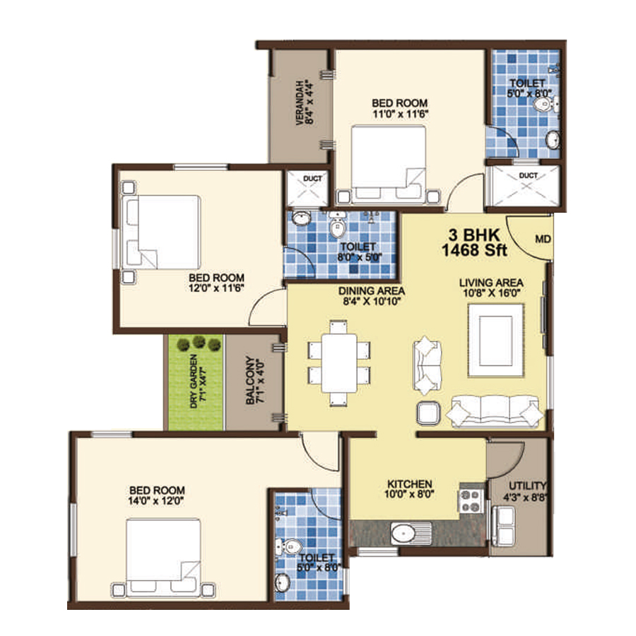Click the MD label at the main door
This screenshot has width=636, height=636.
543,240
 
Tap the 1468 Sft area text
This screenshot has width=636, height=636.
474,250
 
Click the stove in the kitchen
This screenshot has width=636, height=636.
471,501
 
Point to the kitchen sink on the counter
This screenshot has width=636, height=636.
411,534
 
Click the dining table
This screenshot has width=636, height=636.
339,363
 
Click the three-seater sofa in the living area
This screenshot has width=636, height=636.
495,412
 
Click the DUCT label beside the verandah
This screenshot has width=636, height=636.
312,179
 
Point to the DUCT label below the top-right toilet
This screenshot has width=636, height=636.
528,176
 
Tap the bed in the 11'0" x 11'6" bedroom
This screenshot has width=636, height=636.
389,164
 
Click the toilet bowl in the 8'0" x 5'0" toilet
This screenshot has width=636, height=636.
336,225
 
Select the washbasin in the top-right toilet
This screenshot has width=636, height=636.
553,140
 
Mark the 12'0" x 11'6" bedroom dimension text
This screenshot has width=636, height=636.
216,288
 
